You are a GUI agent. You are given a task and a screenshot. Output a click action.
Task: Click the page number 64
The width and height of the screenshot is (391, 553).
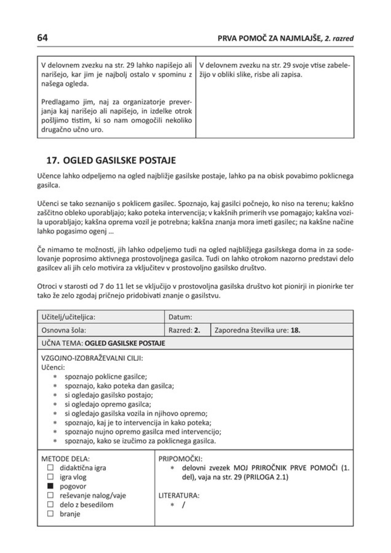[42, 37]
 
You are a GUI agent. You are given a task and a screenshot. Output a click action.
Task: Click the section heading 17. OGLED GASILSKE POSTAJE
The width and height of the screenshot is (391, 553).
[111, 161]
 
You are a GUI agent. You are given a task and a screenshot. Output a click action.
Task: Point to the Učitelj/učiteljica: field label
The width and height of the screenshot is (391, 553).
[68, 317]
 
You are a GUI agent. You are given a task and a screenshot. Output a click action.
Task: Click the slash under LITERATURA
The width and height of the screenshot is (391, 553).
[184, 505]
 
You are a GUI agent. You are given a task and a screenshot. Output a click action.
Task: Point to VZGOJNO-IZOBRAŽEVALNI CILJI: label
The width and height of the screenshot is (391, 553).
[91, 358]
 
